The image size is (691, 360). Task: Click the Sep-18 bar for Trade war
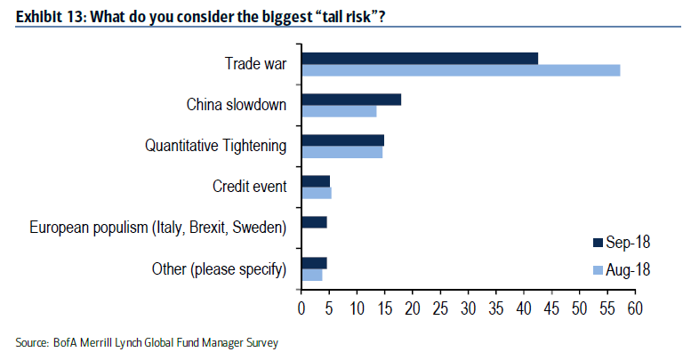click(x=420, y=59)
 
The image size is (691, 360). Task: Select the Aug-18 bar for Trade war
click(x=461, y=70)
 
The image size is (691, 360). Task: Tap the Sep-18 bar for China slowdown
click(x=351, y=100)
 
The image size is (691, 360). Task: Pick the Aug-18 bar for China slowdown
click(x=339, y=111)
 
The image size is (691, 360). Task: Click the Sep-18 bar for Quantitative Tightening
click(x=342, y=140)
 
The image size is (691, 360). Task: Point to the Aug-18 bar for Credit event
click(x=317, y=193)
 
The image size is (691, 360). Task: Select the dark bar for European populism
click(x=314, y=222)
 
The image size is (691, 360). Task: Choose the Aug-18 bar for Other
click(x=312, y=275)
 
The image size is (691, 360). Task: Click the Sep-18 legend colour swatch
click(x=598, y=243)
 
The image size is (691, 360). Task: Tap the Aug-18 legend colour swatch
click(x=598, y=269)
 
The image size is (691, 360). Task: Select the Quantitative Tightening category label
click(x=216, y=146)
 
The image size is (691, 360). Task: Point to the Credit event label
click(x=250, y=187)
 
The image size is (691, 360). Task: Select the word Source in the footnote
click(x=31, y=342)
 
